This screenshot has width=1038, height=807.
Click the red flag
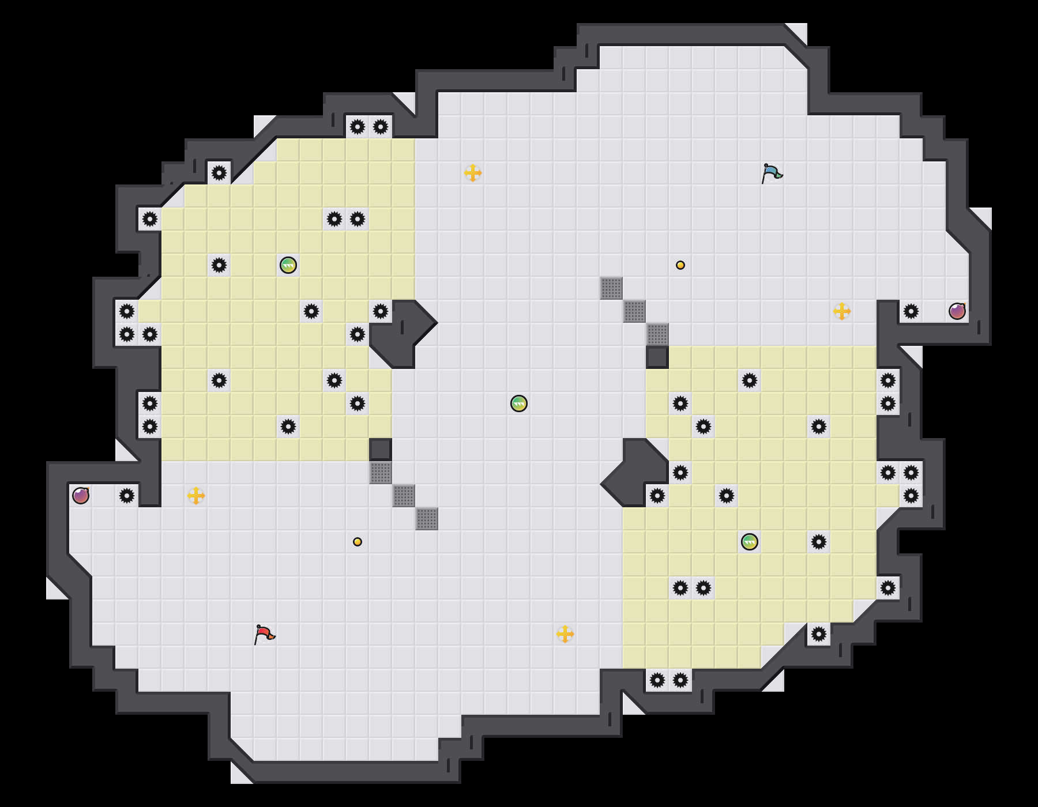click(x=264, y=634)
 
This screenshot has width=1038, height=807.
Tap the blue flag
click(x=771, y=173)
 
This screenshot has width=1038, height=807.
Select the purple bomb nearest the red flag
click(x=81, y=496)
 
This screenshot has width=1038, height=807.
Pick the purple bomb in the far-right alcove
click(x=957, y=311)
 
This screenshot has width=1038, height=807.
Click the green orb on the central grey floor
click(x=519, y=403)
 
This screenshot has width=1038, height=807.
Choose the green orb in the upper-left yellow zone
click(x=288, y=265)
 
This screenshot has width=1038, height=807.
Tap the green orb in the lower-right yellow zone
click(x=750, y=542)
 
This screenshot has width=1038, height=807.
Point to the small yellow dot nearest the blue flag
click(x=680, y=265)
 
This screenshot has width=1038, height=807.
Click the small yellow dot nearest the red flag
click(x=358, y=542)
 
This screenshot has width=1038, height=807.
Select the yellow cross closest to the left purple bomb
click(x=196, y=496)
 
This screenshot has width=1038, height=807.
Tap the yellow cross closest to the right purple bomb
click(x=842, y=311)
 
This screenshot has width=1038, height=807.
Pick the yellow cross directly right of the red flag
click(x=565, y=634)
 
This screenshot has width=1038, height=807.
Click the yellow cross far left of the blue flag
click(x=473, y=173)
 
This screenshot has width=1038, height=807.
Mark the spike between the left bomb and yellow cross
click(x=127, y=496)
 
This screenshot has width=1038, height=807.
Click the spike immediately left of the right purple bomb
click(x=911, y=311)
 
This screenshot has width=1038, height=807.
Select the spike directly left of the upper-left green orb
click(x=219, y=265)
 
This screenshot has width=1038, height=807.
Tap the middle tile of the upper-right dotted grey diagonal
click(x=634, y=311)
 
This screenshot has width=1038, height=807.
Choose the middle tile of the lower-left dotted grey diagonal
click(x=404, y=496)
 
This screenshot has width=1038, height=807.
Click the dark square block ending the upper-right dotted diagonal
click(x=657, y=357)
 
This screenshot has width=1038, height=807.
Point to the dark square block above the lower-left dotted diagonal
click(x=381, y=450)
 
